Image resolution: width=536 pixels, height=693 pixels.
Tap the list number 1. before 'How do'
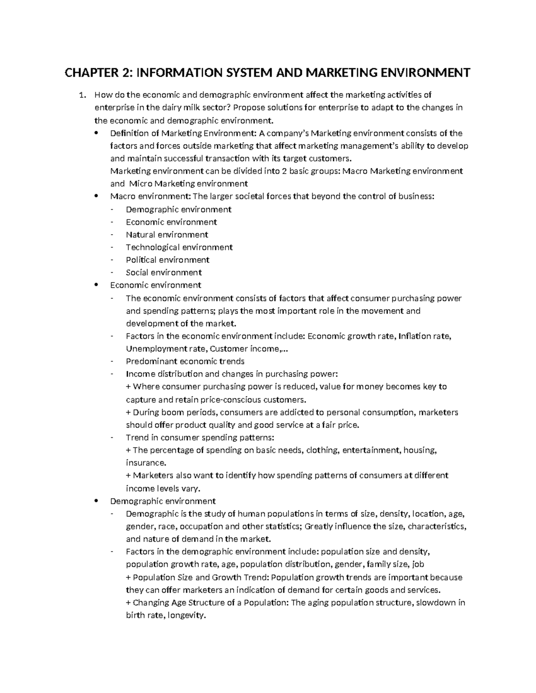pyautogui.click(x=82, y=95)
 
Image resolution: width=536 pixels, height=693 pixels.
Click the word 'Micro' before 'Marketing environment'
pyautogui.click(x=139, y=183)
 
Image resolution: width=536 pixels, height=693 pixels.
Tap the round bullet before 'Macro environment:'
pyautogui.click(x=97, y=196)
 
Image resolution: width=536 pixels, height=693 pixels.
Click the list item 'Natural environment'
pyautogui.click(x=167, y=235)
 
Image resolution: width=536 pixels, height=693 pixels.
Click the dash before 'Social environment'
pyautogui.click(x=113, y=273)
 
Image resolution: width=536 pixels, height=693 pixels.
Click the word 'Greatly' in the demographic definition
pyautogui.click(x=319, y=526)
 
